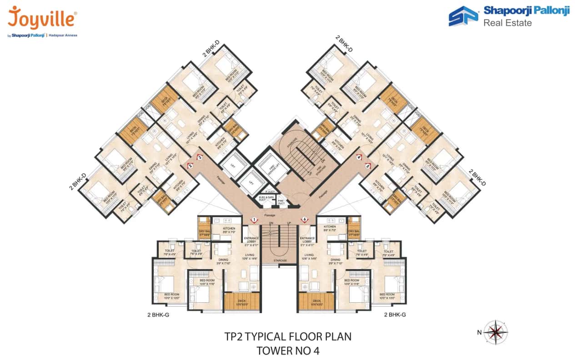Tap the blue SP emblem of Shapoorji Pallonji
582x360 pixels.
pyautogui.click(x=463, y=16)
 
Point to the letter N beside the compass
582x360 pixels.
pyautogui.click(x=479, y=332)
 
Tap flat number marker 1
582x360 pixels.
pyautogui.click(x=254, y=220)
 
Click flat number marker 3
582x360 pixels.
pyautogui.click(x=199, y=157)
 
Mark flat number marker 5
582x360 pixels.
pyautogui.click(x=367, y=166)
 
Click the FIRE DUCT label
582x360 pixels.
pyautogui.click(x=281, y=200)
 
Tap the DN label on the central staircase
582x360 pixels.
pyautogui.click(x=271, y=223)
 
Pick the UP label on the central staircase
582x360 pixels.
pyautogui.click(x=289, y=223)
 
